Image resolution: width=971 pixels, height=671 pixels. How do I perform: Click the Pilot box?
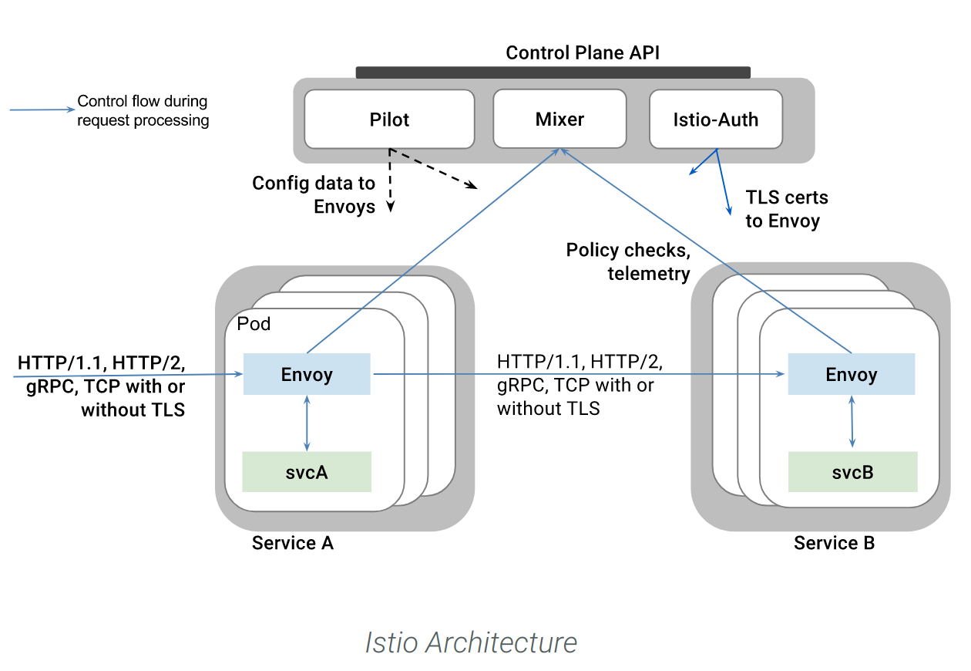389,120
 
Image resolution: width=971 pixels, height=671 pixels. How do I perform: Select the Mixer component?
559,119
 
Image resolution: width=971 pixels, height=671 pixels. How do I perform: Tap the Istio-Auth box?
716,120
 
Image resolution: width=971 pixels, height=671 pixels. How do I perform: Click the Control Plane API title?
582,53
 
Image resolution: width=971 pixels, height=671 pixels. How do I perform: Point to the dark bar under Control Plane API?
553,72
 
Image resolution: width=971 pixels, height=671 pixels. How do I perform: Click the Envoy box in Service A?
307,374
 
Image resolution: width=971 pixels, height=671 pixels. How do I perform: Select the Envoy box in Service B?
852,374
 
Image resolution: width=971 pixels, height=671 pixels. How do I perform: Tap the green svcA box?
307,472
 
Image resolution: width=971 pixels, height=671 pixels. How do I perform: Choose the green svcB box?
852,472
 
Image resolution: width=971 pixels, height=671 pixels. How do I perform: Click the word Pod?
254,324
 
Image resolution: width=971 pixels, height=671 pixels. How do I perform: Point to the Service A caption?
293,543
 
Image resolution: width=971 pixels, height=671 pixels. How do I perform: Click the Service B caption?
834,543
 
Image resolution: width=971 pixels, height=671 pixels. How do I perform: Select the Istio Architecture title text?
471,642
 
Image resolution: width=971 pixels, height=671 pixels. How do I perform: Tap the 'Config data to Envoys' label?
314,195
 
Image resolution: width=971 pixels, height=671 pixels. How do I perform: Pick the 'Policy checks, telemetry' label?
628,262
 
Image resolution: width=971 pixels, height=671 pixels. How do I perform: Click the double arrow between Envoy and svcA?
307,423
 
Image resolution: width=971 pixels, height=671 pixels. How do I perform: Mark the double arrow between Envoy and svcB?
852,422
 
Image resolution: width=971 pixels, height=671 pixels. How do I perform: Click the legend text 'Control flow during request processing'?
143,110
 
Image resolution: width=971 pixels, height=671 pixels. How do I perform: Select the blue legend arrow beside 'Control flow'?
42,110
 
